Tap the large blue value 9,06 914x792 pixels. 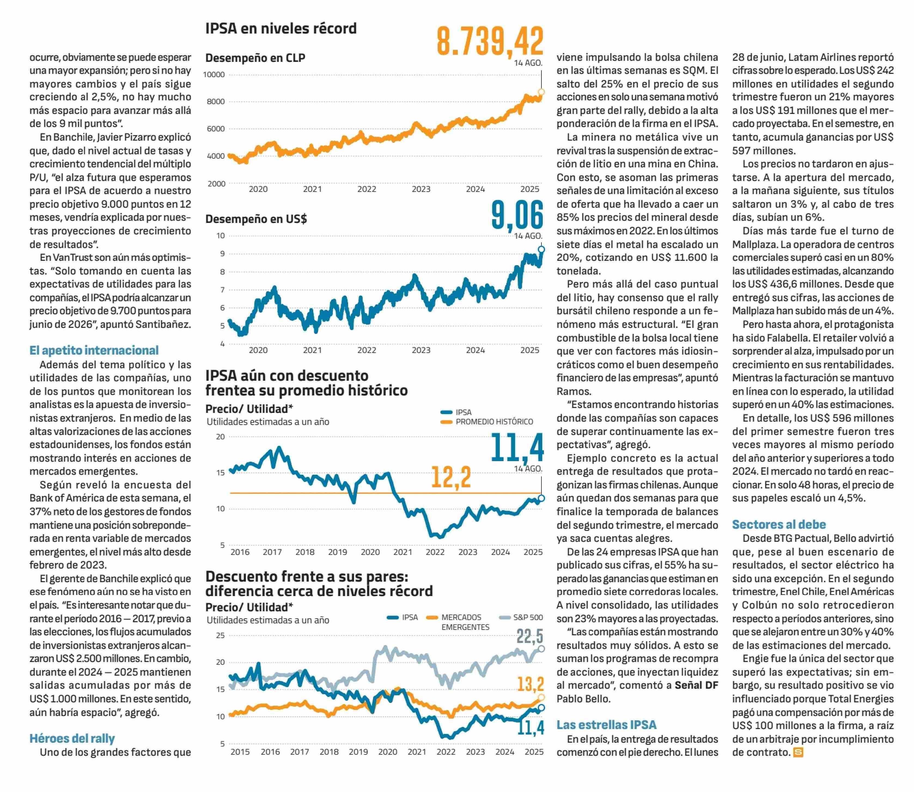(x=517, y=215)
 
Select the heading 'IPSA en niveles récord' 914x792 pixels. (x=281, y=28)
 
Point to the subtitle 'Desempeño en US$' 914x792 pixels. (x=256, y=219)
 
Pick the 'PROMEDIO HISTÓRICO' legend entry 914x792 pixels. (x=494, y=422)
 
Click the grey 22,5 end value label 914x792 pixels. (x=530, y=636)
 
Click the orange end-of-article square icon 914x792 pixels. (x=798, y=752)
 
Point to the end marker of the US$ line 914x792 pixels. (x=541, y=249)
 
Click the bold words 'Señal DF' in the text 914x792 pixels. (x=696, y=685)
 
